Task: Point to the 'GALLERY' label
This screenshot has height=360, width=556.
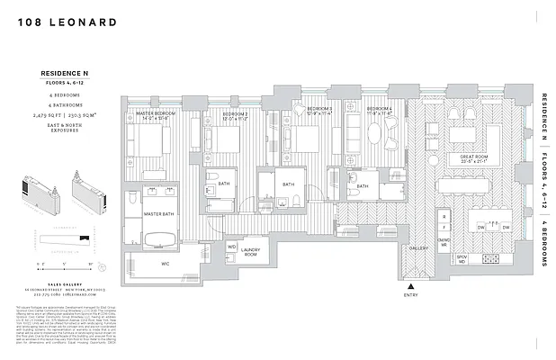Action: pos(418,247)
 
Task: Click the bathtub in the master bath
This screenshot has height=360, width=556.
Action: pos(164,238)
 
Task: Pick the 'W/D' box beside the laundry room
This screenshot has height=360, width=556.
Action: pos(231,246)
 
